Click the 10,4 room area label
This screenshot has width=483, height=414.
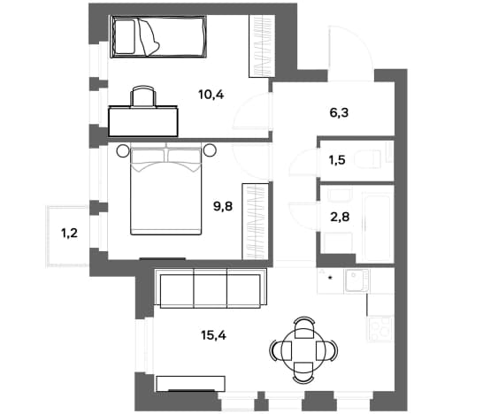pyautogui.click(x=211, y=95)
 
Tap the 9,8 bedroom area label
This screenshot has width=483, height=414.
pyautogui.click(x=223, y=206)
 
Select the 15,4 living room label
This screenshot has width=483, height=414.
pyautogui.click(x=213, y=335)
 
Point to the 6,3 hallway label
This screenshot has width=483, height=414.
pyautogui.click(x=339, y=112)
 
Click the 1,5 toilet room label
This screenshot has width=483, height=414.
pyautogui.click(x=337, y=160)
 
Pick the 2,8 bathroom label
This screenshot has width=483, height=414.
pyautogui.click(x=340, y=217)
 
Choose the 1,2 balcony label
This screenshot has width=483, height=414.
pyautogui.click(x=70, y=234)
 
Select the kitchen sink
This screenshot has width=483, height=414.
pyautogui.click(x=357, y=280)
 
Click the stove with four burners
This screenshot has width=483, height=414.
pyautogui.click(x=379, y=329)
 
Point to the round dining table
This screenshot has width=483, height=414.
pyautogui.click(x=303, y=350)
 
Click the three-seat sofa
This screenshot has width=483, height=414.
pyautogui.click(x=211, y=288)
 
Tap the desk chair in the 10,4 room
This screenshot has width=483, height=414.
pyautogui.click(x=143, y=96)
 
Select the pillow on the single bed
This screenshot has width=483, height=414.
pyautogui.click(x=125, y=36)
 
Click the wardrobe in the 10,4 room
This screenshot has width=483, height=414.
pyautogui.click(x=262, y=46)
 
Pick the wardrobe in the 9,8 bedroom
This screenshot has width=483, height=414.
pyautogui.click(x=255, y=222)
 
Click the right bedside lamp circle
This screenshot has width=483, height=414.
pyautogui.click(x=210, y=150)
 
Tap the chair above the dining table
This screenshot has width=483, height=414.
pyautogui.click(x=304, y=327)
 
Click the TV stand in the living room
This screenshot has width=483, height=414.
pyautogui.click(x=190, y=384)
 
